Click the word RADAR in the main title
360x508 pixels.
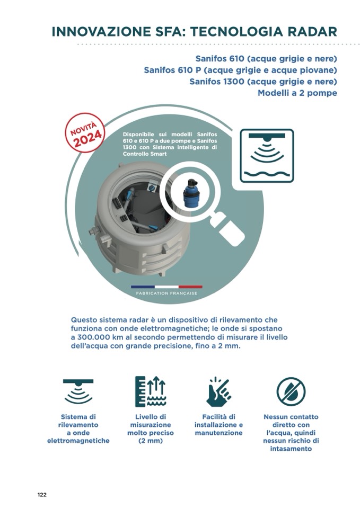click(313, 32)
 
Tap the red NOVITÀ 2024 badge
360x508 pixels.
click(85, 132)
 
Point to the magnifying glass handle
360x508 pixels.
click(229, 229)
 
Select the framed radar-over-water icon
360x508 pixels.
click(267, 156)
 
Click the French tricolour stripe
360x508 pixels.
click(166, 287)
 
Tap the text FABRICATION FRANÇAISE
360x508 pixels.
click(166, 293)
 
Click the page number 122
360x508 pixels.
click(42, 495)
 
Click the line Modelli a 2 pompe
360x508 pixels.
click(297, 93)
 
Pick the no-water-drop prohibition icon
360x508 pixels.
click(291, 391)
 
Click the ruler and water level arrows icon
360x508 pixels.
click(151, 391)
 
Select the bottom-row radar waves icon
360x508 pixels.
click(78, 391)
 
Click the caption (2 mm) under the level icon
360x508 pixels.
click(151, 441)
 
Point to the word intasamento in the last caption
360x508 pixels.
click(291, 449)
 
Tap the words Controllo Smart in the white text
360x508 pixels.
click(145, 154)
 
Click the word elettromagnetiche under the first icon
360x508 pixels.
click(78, 441)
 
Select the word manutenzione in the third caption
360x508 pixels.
click(218, 433)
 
